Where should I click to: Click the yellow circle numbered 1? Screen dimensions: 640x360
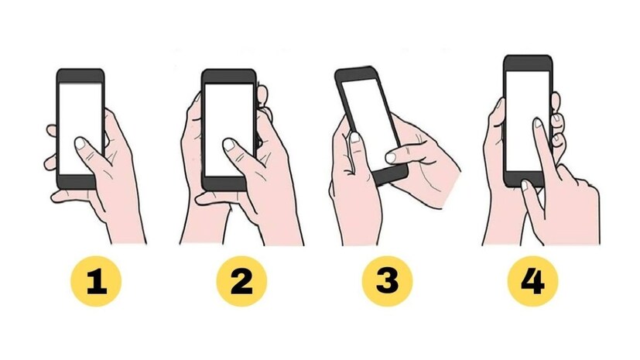coord(96,281)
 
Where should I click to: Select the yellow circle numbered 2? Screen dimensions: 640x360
coord(241,281)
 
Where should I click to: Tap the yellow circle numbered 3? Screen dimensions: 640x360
coord(388,281)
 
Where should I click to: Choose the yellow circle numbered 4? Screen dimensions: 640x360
coord(532,281)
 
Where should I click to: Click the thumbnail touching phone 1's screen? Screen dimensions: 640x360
coord(80,143)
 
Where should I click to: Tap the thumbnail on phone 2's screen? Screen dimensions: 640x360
coord(228,145)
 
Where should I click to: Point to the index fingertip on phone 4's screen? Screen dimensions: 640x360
coord(538,122)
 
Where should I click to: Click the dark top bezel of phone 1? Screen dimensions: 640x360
coord(80,76)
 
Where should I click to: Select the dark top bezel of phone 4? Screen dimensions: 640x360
coord(528,63)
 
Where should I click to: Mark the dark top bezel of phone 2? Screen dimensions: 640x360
coord(228,77)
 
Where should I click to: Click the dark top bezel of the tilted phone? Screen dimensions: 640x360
coord(356,74)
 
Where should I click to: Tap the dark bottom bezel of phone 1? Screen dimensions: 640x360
coord(77,183)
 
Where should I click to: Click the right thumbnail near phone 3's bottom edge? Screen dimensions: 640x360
coord(390,158)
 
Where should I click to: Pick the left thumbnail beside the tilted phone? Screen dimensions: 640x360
coord(355,137)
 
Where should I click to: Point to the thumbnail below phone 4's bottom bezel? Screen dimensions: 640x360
coord(525,186)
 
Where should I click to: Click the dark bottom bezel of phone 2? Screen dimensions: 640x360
coord(224,183)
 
